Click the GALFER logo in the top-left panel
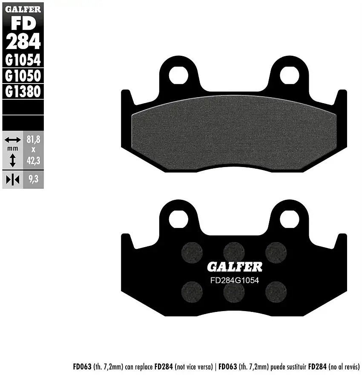pos(23,9)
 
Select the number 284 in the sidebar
pos(23,41)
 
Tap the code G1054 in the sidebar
pos(23,60)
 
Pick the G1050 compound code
pos(23,76)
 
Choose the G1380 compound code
pos(23,91)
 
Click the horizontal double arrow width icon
pos(12,140)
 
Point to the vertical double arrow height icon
pos(12,160)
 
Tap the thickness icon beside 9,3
pos(12,180)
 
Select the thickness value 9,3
pos(33,180)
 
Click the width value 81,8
pos(33,139)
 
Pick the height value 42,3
pos(33,160)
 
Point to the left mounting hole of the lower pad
pos(178,219)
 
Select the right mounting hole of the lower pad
pos(290,219)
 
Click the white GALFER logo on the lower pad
pos(235,267)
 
